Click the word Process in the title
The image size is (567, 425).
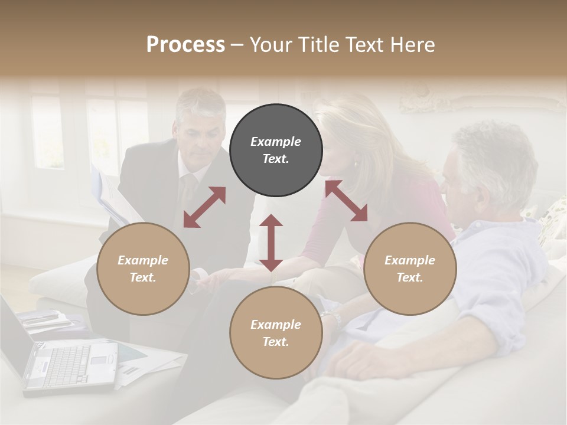point(185,45)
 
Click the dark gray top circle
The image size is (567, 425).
point(276,150)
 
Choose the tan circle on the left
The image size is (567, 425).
point(143,269)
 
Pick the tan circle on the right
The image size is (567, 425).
point(410,269)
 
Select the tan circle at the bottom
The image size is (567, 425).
point(276,333)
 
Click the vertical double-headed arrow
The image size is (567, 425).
point(271,243)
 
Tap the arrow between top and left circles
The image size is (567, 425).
point(204,207)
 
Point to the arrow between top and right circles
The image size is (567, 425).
point(346,201)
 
